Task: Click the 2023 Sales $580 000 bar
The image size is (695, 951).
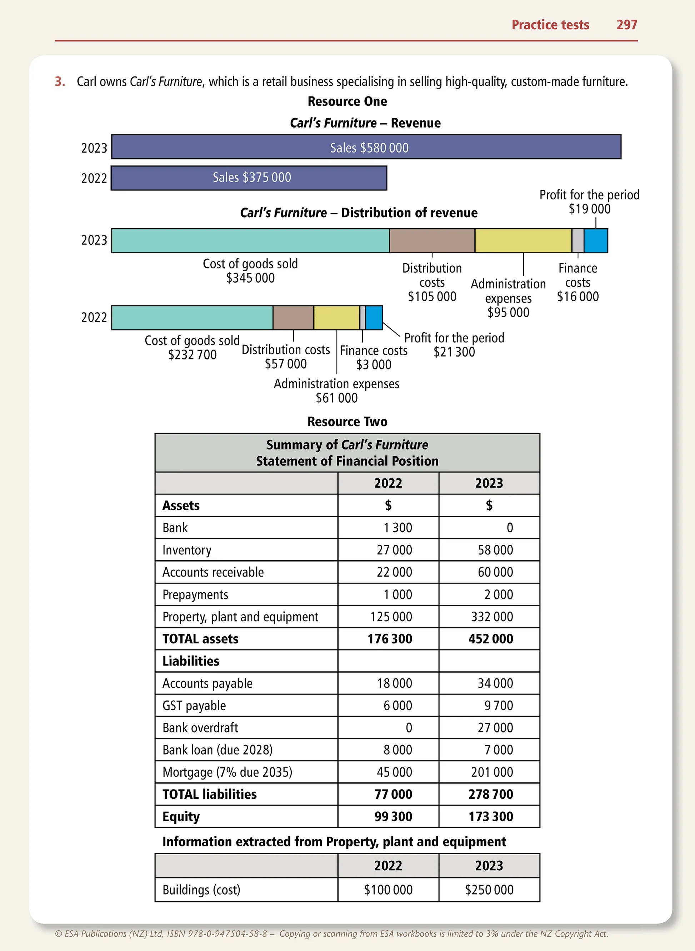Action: pos(366,147)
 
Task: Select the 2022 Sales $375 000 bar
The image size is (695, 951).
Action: pos(249,178)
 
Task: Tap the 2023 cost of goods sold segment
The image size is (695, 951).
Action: pos(250,241)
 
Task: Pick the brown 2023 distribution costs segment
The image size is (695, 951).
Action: pos(432,241)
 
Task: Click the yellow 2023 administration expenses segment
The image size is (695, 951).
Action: pos(523,241)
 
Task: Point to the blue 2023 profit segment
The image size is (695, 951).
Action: pos(596,241)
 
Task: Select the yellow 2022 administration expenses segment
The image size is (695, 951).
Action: pos(336,318)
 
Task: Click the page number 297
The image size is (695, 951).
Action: pos(626,25)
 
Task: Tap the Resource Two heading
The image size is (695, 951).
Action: pos(347,422)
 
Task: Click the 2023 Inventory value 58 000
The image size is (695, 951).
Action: pos(495,550)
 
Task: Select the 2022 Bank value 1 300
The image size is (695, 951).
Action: pos(397,528)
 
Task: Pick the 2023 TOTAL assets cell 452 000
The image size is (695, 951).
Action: pos(491,639)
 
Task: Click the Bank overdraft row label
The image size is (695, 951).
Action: pos(200,728)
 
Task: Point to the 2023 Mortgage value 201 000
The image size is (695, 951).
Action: pos(492,772)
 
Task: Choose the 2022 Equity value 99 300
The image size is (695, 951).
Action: pos(393,817)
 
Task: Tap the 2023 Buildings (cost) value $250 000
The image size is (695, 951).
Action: pos(489,890)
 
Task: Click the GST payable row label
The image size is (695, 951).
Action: pos(194,706)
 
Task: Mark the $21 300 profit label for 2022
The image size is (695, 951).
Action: pos(454,352)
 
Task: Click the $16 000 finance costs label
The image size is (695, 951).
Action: pos(577,297)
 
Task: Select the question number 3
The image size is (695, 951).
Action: pos(60,81)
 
